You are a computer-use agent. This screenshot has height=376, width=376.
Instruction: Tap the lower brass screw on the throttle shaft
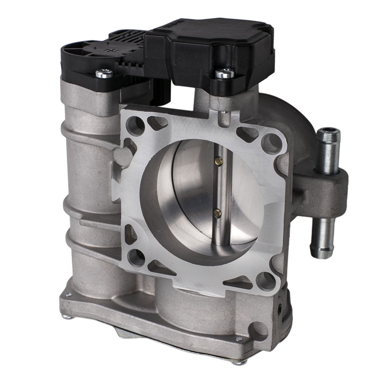[217, 214]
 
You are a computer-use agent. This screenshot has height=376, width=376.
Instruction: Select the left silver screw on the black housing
[104, 73]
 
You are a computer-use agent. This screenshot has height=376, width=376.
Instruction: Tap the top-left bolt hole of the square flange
[135, 126]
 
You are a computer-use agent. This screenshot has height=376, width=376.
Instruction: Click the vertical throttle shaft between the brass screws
[218, 188]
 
